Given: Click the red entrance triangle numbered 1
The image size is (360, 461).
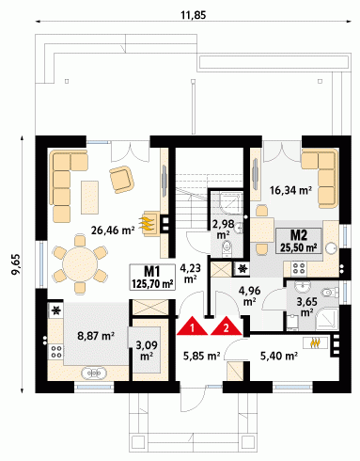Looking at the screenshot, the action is click(x=193, y=327).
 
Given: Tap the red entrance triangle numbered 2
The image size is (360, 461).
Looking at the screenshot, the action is click(x=227, y=327).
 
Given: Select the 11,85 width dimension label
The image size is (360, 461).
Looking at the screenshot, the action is click(x=194, y=15).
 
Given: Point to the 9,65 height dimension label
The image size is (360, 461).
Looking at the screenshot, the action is click(x=16, y=264).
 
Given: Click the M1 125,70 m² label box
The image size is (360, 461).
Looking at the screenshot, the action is click(x=152, y=277).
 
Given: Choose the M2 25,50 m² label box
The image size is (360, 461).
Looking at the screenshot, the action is click(x=299, y=241).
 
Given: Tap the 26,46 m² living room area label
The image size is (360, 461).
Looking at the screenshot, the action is click(x=113, y=230).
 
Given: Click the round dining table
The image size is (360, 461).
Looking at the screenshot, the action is click(x=80, y=263).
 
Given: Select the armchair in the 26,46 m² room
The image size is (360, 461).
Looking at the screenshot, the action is click(x=121, y=180).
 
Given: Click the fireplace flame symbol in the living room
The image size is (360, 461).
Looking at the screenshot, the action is click(x=149, y=222).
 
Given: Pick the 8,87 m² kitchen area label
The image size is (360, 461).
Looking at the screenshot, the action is click(x=96, y=336).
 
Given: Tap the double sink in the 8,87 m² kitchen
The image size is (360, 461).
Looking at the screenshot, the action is click(x=94, y=374).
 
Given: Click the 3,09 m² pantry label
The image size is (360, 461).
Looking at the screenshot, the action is click(x=147, y=350).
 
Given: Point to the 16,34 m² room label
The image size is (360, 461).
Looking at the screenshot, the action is click(x=290, y=190).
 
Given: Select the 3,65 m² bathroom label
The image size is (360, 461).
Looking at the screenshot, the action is click(x=307, y=307).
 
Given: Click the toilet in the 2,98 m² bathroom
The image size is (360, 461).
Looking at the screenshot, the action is click(x=227, y=247).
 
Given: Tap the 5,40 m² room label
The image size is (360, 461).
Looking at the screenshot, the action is click(x=279, y=356).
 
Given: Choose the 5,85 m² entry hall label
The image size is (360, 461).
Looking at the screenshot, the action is click(x=201, y=356).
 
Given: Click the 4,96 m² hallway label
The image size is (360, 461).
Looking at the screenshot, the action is click(x=249, y=295).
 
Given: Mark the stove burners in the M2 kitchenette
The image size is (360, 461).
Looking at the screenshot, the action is click(x=299, y=269).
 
